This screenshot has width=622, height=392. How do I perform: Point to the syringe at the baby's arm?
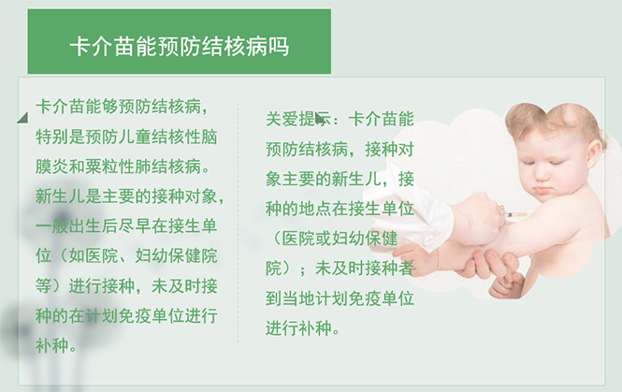click(510, 215)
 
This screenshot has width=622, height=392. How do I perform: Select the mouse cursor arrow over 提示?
click(321, 119)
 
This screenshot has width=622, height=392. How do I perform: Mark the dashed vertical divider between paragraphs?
click(239, 225)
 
